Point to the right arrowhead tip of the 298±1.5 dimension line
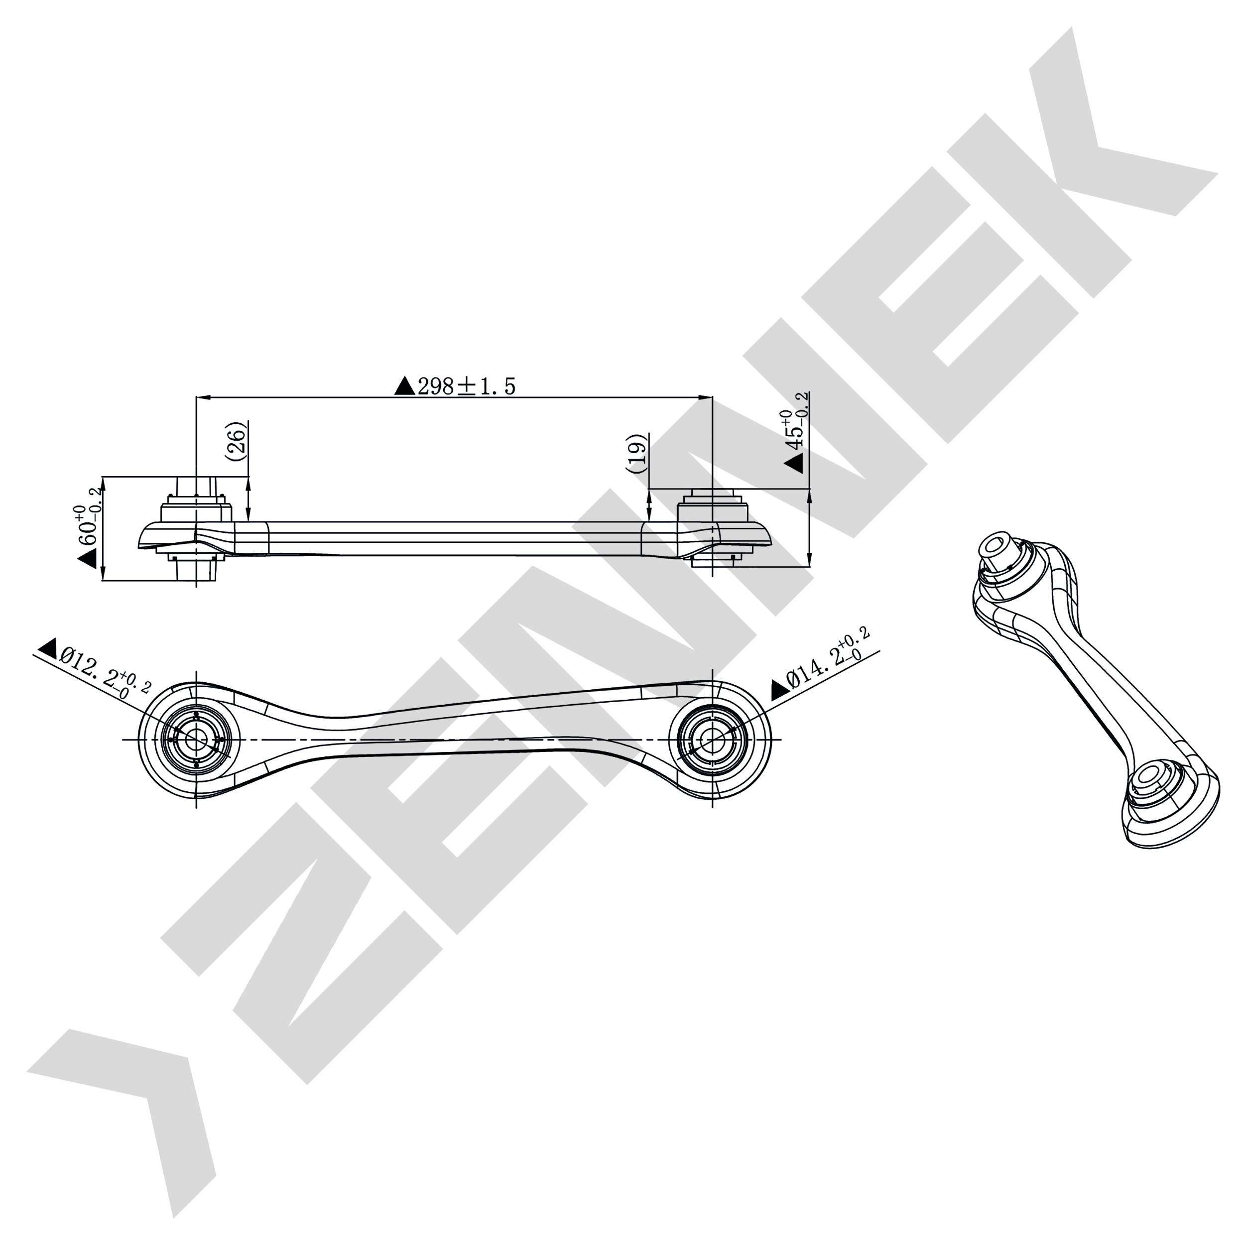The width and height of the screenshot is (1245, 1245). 712,397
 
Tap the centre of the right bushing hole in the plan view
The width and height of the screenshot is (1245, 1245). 712,739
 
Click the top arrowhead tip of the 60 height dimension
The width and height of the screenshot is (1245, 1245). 103,478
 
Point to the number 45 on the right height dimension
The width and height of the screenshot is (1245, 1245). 794,438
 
